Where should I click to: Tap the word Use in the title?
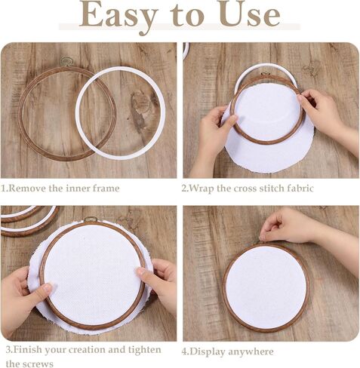[250, 14]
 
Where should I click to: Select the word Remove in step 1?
[26, 188]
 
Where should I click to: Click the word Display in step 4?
[206, 351]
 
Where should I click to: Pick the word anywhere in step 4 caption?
[250, 351]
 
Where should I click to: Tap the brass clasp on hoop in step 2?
[265, 74]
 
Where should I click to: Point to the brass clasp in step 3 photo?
[91, 219]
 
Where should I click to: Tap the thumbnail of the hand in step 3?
[47, 287]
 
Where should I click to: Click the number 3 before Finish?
[8, 350]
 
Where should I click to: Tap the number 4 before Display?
[184, 351]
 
